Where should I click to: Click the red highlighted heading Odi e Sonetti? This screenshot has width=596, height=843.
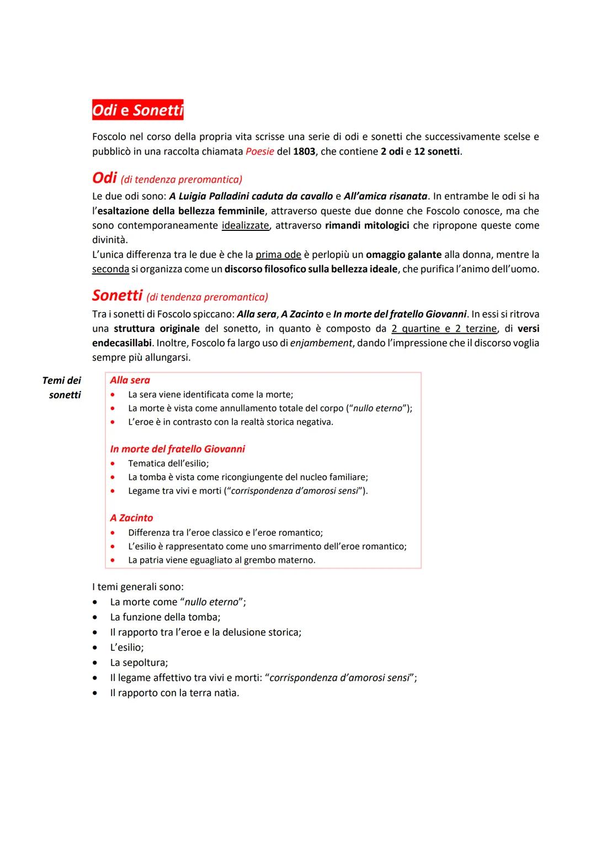coord(137,110)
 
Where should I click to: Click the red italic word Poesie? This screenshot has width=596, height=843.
coord(259,151)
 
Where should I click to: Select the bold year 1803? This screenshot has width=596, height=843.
coord(304,151)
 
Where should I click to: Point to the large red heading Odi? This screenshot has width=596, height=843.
coord(104,178)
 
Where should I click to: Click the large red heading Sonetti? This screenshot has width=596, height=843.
coord(117,296)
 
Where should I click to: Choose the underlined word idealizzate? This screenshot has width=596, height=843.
coord(245,225)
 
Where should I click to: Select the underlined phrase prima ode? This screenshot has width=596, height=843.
coord(278,255)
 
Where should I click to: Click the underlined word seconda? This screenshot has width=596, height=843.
coord(110,269)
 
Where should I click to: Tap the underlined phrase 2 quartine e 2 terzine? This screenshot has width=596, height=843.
coord(444,329)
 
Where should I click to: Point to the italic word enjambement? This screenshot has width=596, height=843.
coord(321,343)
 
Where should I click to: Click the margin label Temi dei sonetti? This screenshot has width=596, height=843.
coord(63,387)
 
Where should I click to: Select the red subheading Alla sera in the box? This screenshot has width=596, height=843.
coord(130,380)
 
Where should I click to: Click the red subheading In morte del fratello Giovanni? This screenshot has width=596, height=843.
coord(177,449)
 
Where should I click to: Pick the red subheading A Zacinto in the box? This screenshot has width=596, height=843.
coord(131,518)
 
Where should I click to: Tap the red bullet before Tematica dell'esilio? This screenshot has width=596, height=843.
coord(113,464)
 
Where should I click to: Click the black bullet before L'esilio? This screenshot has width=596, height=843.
coord(96,647)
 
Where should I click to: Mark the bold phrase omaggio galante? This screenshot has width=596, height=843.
coord(403,255)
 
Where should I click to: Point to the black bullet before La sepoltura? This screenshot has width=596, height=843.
coord(96,662)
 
